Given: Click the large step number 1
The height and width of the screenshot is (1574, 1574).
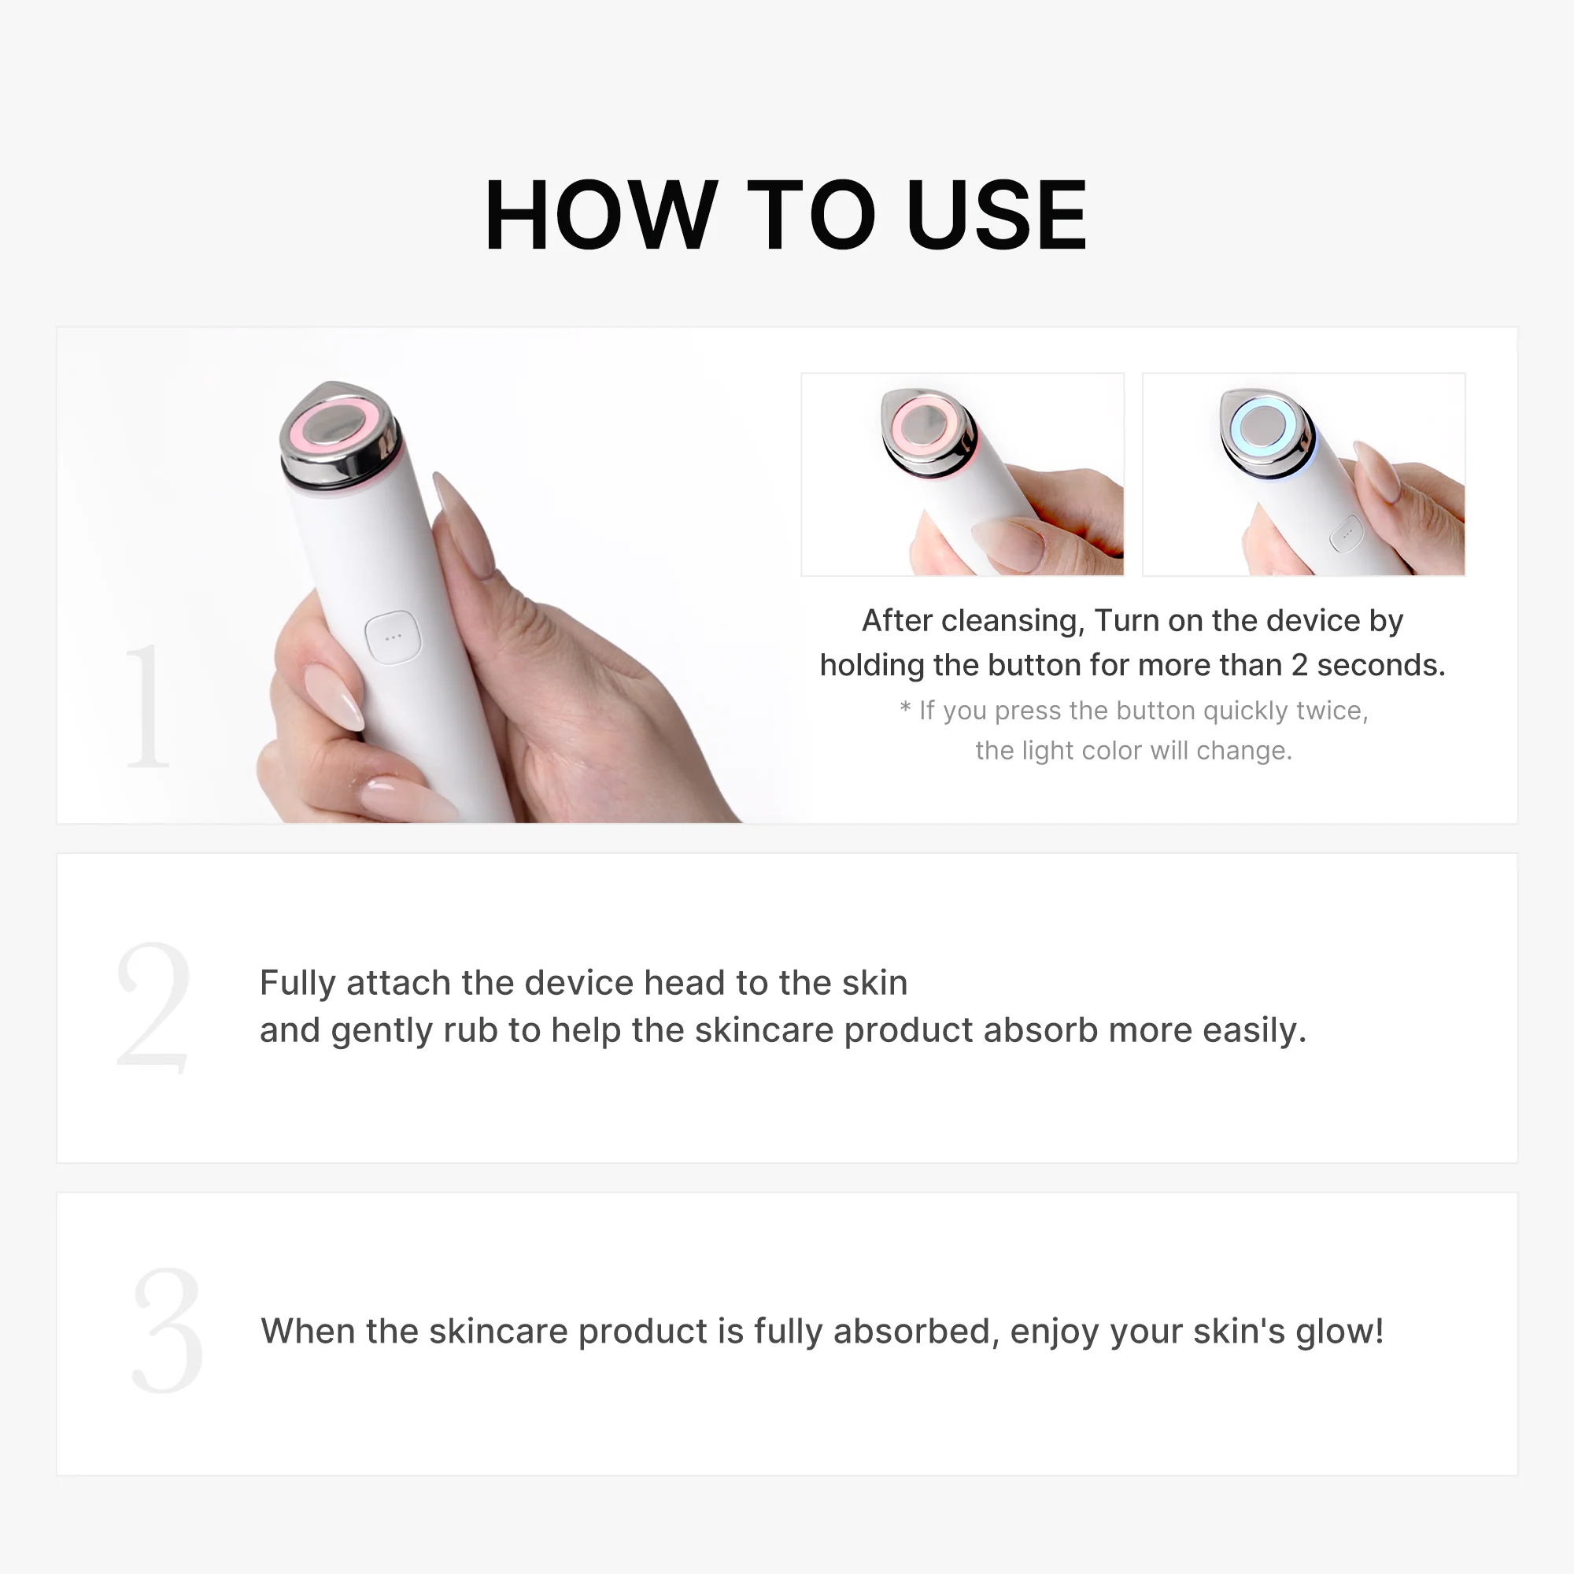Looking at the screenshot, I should (x=147, y=705).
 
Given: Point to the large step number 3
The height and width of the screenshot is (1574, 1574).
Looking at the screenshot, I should (x=167, y=1329).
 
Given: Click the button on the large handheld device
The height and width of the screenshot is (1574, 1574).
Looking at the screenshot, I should (x=393, y=637).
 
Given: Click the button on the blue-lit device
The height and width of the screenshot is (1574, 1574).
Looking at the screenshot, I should (x=1347, y=534).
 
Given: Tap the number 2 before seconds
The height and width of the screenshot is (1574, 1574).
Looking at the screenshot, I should (x=1299, y=666).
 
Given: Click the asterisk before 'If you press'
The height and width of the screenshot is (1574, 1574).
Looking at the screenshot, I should (x=905, y=710).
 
